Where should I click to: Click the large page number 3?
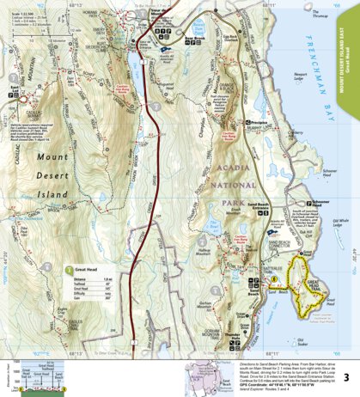coord(345,377)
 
